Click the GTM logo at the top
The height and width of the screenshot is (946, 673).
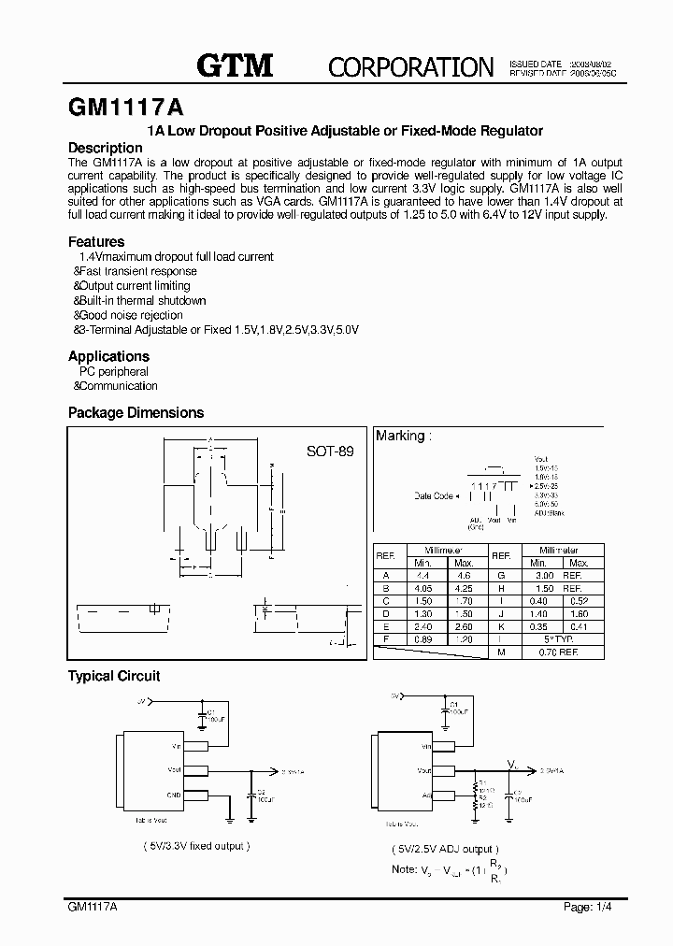(234, 64)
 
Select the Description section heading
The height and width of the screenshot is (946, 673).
(106, 148)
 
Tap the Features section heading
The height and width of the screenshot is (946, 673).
(96, 241)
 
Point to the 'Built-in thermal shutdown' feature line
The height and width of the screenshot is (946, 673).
(141, 301)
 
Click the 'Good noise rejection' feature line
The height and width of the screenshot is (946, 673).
(130, 316)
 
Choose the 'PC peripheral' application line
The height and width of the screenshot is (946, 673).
(113, 371)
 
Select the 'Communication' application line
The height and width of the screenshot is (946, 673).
(117, 386)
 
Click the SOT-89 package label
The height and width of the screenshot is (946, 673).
(331, 451)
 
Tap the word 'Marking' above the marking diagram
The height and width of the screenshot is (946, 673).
(399, 436)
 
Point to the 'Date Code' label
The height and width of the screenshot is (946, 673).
(433, 496)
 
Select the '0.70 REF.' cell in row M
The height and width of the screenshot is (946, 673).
(558, 652)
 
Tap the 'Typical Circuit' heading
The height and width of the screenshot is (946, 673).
(114, 676)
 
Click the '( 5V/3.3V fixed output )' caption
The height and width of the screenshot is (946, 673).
(194, 846)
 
